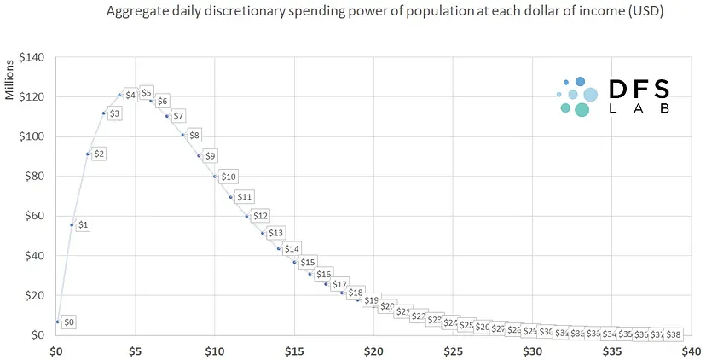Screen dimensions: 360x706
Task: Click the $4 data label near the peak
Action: pyautogui.click(x=130, y=95)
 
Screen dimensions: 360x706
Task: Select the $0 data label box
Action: pyautogui.click(x=70, y=322)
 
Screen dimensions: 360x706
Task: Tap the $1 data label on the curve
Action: pyautogui.click(x=83, y=224)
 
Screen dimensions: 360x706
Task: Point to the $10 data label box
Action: pyautogui.click(x=229, y=177)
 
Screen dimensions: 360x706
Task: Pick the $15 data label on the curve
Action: pyautogui.click(x=308, y=262)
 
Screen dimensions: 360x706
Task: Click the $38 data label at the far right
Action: pyautogui.click(x=674, y=334)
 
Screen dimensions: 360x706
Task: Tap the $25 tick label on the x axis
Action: pyautogui.click(x=453, y=351)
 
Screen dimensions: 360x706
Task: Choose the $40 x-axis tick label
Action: pyautogui.click(x=691, y=351)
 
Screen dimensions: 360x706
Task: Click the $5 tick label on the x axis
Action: pyautogui.click(x=136, y=351)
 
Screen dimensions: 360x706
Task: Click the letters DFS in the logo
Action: pyautogui.click(x=639, y=89)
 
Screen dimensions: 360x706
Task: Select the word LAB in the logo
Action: pyautogui.click(x=639, y=109)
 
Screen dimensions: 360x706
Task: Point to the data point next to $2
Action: pyautogui.click(x=88, y=154)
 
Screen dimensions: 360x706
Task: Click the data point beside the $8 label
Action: pyautogui.click(x=182, y=135)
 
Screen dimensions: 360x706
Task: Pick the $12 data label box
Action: pyautogui.click(x=260, y=216)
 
